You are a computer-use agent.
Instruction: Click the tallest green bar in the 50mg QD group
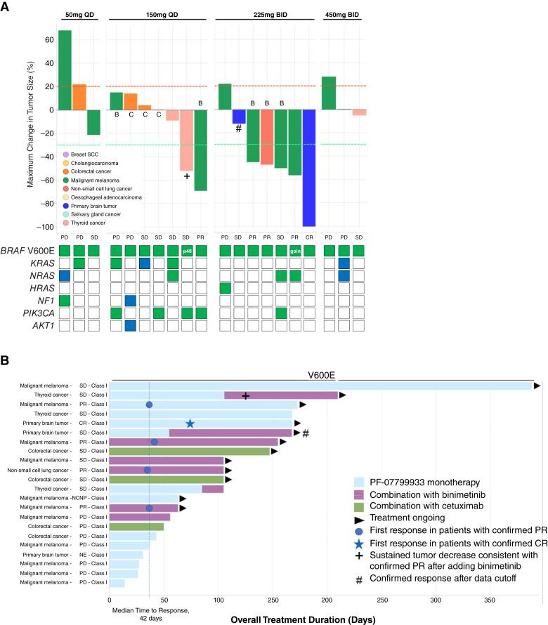(x=65, y=70)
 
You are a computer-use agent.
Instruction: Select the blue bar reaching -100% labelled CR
(x=309, y=168)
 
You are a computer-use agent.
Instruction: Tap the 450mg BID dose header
(x=340, y=15)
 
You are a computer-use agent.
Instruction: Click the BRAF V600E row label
(x=27, y=251)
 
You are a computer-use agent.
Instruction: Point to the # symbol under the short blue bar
(x=238, y=129)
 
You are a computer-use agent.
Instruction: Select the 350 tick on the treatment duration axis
(x=490, y=600)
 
